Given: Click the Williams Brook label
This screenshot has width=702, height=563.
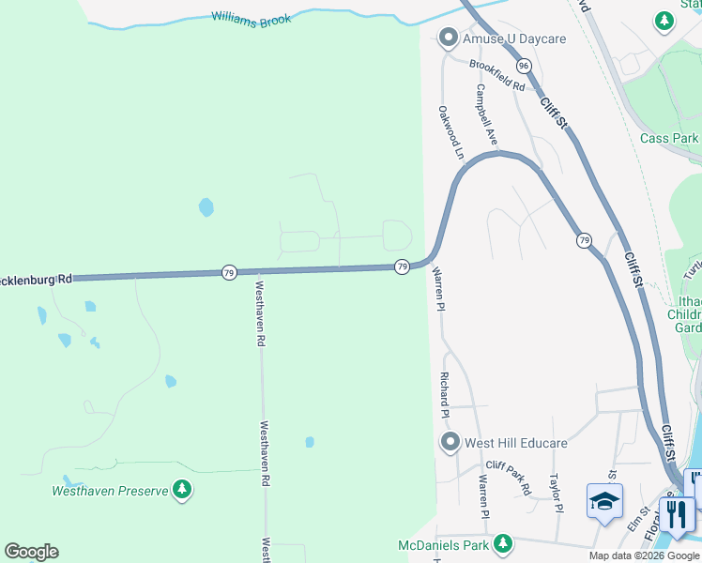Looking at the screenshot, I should (x=251, y=18).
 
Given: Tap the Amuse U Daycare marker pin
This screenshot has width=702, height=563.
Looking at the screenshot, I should (x=448, y=38).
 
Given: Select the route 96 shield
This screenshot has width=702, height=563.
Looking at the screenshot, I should (x=524, y=66).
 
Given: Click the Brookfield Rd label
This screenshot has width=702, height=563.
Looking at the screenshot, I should (x=497, y=74).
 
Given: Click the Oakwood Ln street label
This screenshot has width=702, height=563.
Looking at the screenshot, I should (x=451, y=131).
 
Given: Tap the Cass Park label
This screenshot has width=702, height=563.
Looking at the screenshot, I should (x=669, y=138).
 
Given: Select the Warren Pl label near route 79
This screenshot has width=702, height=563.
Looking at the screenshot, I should (x=437, y=285).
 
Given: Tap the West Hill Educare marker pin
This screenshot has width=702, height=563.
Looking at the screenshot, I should (x=450, y=442).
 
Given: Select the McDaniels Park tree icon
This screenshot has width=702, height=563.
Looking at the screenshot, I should (x=504, y=543).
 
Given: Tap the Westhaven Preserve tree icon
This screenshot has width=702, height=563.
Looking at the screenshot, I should (x=182, y=489).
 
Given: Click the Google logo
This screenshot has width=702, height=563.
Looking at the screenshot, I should (x=31, y=552).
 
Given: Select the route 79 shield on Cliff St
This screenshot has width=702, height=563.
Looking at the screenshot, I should (x=584, y=241).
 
